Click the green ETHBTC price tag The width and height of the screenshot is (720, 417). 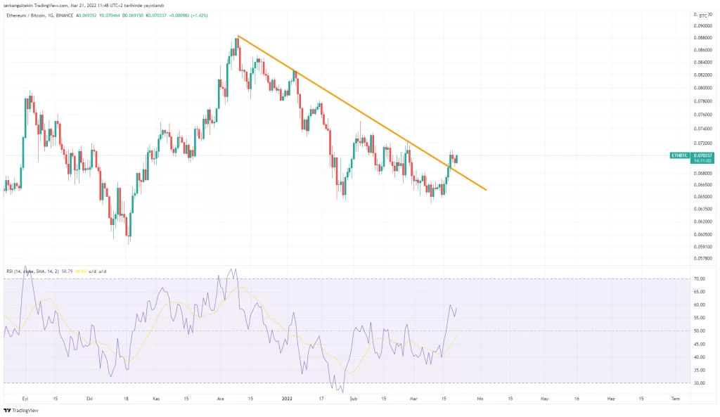click(x=679, y=155)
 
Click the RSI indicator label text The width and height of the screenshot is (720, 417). click(x=28, y=271)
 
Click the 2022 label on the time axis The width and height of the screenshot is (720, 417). click(x=287, y=399)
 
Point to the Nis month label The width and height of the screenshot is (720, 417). click(x=480, y=399)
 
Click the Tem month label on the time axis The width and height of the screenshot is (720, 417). click(x=675, y=399)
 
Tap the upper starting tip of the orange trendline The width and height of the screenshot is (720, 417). click(x=238, y=35)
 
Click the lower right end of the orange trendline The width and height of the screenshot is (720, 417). click(x=486, y=190)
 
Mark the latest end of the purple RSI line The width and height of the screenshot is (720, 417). click(x=457, y=308)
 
